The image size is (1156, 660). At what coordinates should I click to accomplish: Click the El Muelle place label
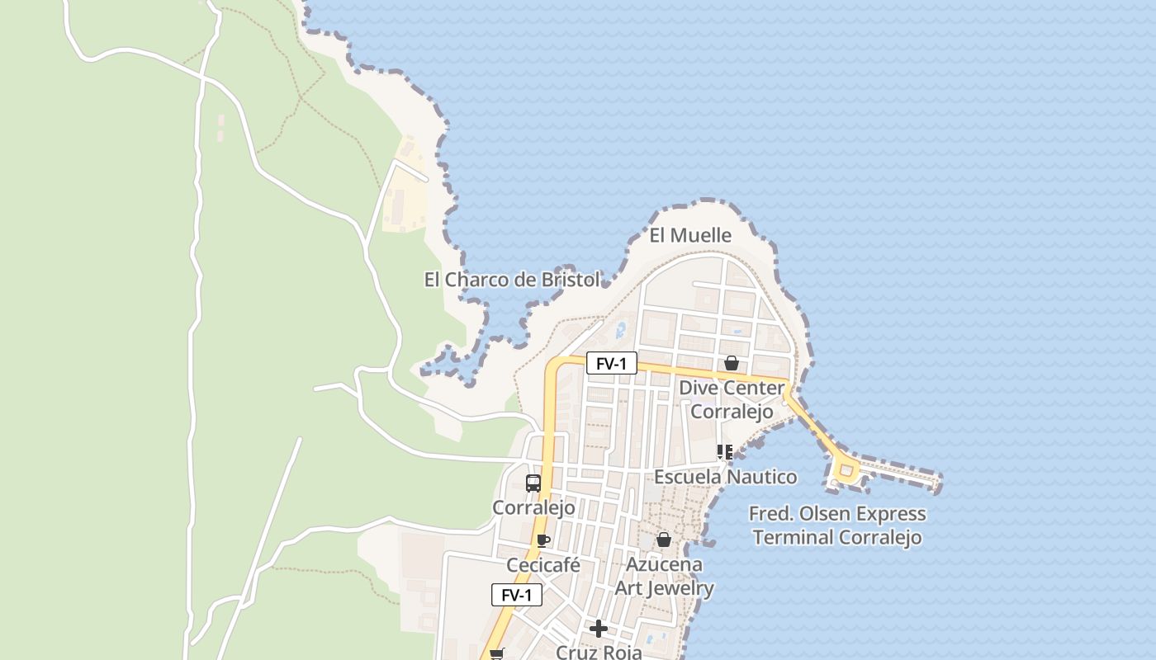(x=690, y=235)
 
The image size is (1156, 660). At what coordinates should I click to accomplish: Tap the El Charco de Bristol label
(x=512, y=280)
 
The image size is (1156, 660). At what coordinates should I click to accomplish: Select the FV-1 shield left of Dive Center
(x=612, y=363)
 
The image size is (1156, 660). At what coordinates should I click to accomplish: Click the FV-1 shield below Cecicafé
(x=517, y=595)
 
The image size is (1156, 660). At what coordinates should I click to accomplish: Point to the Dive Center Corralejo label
(x=732, y=399)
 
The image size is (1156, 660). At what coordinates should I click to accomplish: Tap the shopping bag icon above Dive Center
(x=731, y=363)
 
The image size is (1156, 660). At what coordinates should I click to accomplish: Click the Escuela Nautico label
(x=726, y=477)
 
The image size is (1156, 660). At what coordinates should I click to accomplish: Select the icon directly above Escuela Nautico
(x=724, y=452)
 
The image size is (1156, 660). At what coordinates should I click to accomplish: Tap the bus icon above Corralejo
(x=533, y=483)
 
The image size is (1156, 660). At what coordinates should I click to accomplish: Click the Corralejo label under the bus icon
(x=533, y=507)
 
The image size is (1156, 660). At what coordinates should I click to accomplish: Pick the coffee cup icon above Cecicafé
(x=542, y=541)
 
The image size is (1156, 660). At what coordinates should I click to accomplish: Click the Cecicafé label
(x=542, y=566)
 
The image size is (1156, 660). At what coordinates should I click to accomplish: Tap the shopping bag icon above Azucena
(x=663, y=540)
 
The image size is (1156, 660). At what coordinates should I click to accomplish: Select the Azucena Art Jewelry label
(x=664, y=577)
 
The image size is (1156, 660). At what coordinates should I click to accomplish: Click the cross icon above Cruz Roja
(x=599, y=629)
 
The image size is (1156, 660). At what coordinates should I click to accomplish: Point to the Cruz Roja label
(x=599, y=652)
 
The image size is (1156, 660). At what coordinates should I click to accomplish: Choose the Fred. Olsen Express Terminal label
(x=837, y=526)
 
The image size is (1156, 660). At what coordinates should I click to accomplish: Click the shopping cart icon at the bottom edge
(x=496, y=654)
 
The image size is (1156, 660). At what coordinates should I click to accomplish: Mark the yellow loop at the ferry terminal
(x=846, y=471)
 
